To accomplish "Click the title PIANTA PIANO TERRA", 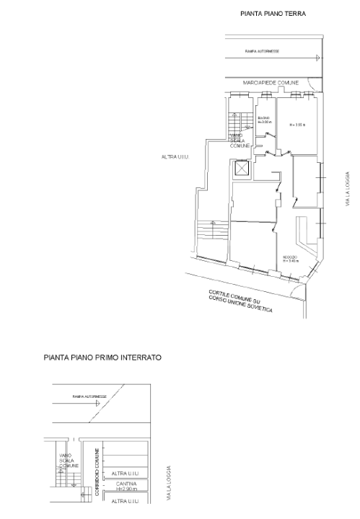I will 273,14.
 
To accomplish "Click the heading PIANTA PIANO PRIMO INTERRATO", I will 102,358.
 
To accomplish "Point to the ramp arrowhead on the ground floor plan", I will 315,58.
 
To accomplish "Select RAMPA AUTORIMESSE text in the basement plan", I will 89,396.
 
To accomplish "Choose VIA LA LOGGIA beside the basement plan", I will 169,482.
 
